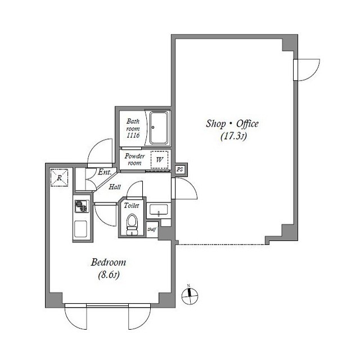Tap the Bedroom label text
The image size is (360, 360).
pyautogui.click(x=108, y=263)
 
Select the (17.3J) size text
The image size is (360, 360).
pyautogui.click(x=231, y=136)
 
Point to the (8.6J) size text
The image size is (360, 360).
pyautogui.click(x=108, y=274)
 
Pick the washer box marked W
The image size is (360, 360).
pyautogui.click(x=159, y=159)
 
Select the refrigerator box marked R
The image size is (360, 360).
pyautogui.click(x=59, y=178)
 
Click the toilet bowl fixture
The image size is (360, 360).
pyautogui.click(x=132, y=223)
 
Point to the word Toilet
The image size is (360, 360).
pyautogui.click(x=132, y=206)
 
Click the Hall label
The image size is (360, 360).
pyautogui.click(x=115, y=187)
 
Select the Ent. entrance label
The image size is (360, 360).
pyautogui.click(x=104, y=173)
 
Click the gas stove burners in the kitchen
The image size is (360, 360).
pyautogui.click(x=81, y=206)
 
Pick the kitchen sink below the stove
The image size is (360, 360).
pyautogui.click(x=81, y=228)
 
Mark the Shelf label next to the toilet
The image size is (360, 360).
pyautogui.click(x=151, y=229)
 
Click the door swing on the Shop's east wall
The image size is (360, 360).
pyautogui.click(x=308, y=70)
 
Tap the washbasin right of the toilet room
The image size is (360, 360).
pyautogui.click(x=159, y=211)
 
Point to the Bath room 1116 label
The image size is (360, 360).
pyautogui.click(x=133, y=128)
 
